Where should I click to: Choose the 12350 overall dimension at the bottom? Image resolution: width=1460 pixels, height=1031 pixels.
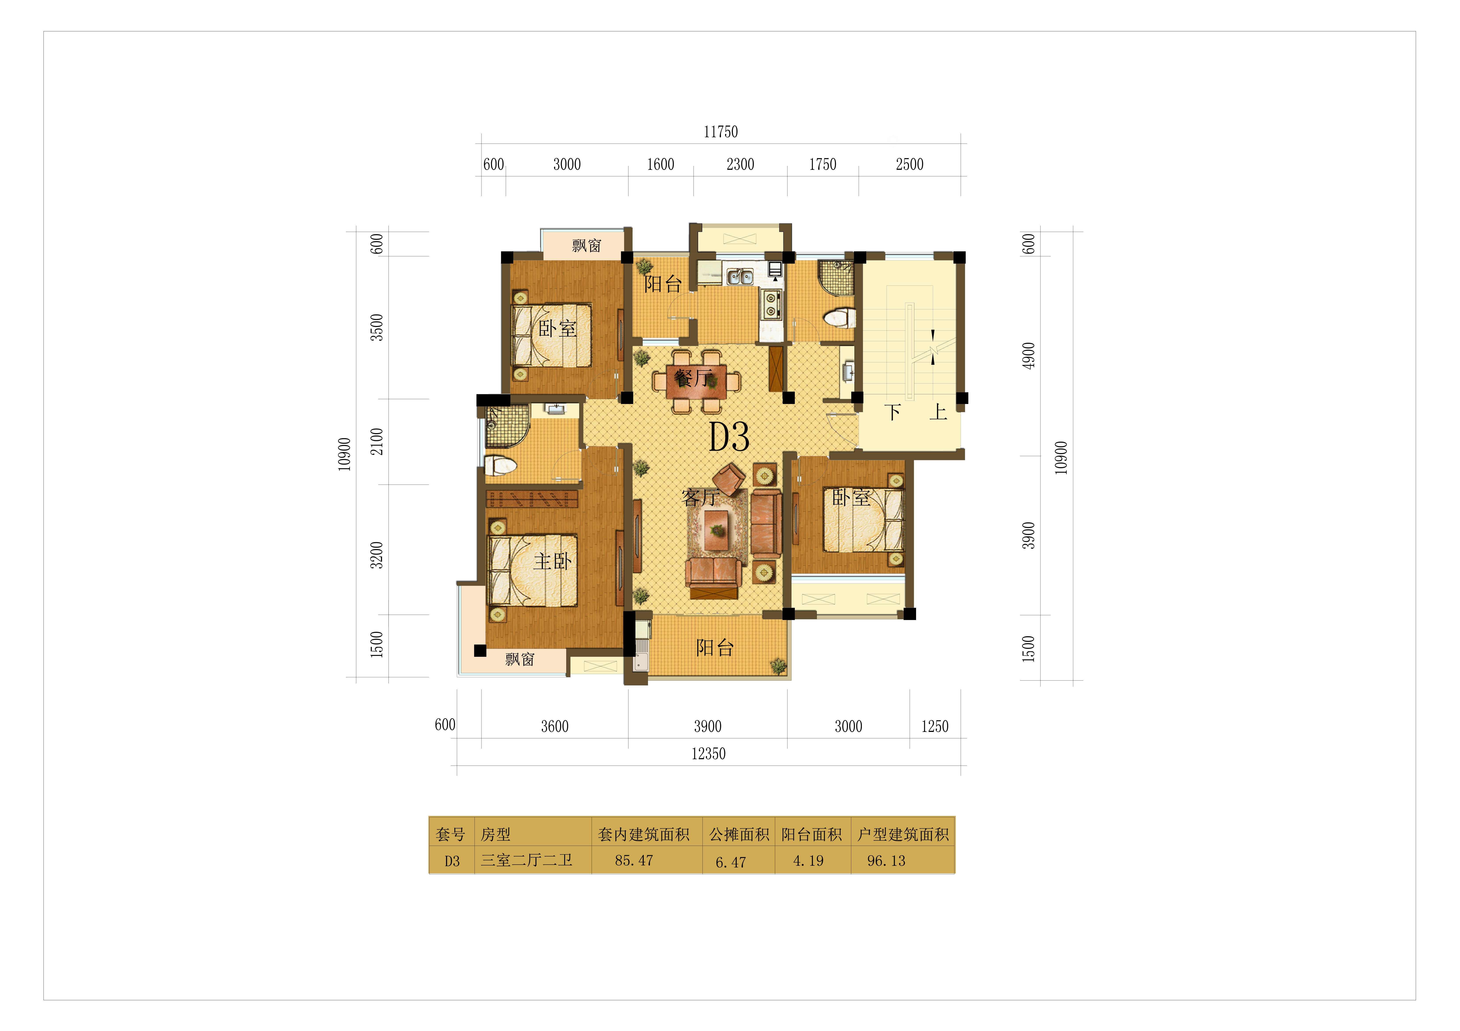(708, 754)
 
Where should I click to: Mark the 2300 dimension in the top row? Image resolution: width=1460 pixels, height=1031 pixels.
(740, 165)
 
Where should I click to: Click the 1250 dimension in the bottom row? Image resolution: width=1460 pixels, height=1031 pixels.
(935, 727)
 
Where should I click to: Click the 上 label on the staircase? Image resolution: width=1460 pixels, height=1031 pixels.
(938, 412)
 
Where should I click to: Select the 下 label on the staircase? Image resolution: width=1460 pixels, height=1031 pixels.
(893, 412)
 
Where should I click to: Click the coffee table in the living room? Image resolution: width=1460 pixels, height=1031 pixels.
(717, 529)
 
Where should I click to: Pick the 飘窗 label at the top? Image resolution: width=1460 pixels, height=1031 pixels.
(586, 245)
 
